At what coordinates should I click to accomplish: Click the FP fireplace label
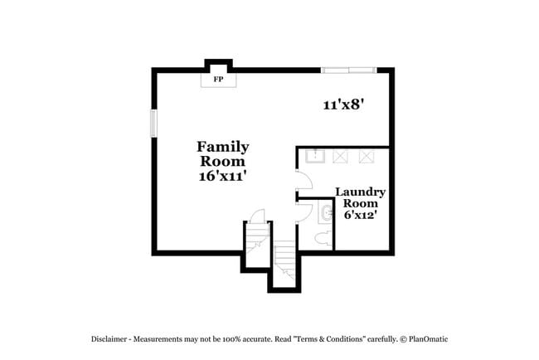pos(219,80)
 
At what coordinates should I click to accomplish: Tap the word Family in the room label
pos(222,147)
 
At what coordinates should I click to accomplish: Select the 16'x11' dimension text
pos(222,176)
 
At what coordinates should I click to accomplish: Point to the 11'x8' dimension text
pos(344,105)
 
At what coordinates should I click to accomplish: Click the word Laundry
pos(360,192)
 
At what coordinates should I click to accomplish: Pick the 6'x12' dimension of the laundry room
pos(361,214)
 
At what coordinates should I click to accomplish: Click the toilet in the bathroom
pos(323,239)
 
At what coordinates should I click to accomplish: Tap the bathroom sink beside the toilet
pos(325,213)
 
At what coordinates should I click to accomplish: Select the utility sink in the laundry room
pos(315,155)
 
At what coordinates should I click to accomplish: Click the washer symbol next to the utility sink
pos(340,155)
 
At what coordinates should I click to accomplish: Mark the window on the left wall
pos(153,124)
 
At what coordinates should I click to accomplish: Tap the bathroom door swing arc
pos(304,209)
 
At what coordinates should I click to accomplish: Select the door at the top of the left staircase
pos(257,216)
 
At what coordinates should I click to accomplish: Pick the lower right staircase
pos(285,263)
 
